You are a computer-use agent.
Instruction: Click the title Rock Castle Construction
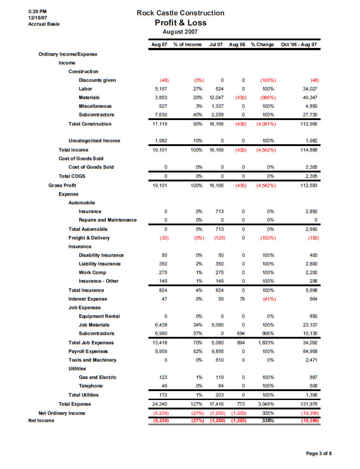[x=180, y=13]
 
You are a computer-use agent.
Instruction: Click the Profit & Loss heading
[x=180, y=23]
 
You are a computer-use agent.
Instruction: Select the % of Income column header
[x=187, y=45]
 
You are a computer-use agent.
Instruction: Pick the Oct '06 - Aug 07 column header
[x=299, y=45]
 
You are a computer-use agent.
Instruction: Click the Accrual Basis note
[x=43, y=24]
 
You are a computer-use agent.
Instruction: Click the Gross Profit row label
[x=62, y=185]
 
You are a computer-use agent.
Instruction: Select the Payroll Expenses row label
[x=89, y=351]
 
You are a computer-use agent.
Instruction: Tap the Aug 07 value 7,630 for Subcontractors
[x=160, y=115]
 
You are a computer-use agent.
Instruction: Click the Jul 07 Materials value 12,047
[x=216, y=97]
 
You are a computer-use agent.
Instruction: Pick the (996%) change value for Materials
[x=268, y=97]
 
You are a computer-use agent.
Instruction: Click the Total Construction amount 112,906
[x=308, y=124]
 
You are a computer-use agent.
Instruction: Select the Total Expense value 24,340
[x=160, y=404]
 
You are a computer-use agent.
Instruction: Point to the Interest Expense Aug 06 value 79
[x=243, y=299]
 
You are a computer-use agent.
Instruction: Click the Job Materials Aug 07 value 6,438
[x=160, y=325]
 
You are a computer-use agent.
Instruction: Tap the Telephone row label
[x=91, y=386]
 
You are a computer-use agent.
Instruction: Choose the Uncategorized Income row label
[x=94, y=141]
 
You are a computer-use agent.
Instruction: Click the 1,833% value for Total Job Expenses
[x=265, y=343]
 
